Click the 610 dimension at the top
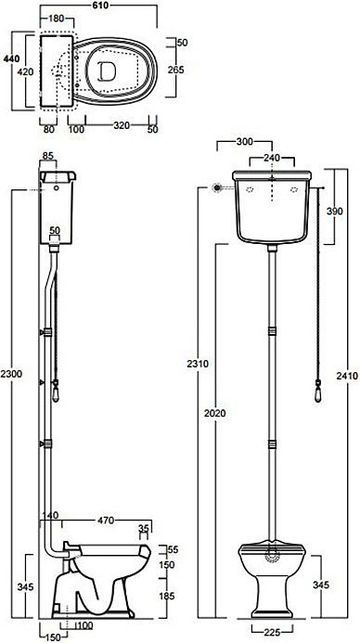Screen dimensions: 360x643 [99, 6]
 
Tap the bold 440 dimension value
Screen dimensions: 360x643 [11, 59]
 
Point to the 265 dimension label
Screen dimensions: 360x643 [176, 70]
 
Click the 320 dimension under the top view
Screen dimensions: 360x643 [122, 125]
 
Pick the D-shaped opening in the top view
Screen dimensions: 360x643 [107, 71]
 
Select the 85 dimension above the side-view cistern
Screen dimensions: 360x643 [48, 156]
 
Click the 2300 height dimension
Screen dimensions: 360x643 [11, 374]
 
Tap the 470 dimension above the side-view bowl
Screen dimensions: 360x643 [106, 521]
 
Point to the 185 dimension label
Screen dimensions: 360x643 [166, 596]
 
